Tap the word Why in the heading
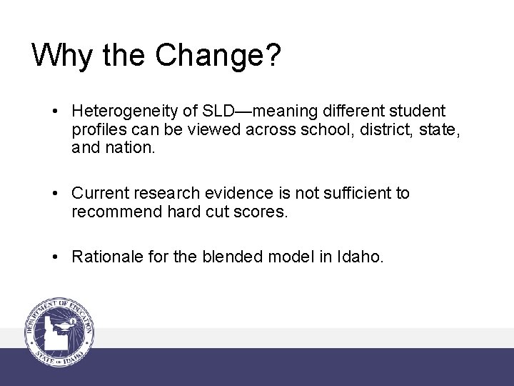pyautogui.click(x=59, y=55)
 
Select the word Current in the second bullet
pyautogui.click(x=100, y=193)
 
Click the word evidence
pyautogui.click(x=247, y=193)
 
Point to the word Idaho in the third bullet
pyautogui.click(x=361, y=257)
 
